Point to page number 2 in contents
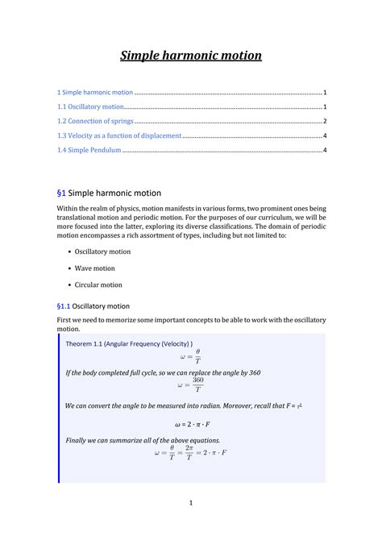tap(323, 121)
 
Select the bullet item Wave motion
tap(95, 268)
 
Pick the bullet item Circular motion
tap(98, 285)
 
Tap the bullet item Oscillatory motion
tap(102, 251)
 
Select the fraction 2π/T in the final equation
tap(189, 453)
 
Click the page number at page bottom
tap(191, 504)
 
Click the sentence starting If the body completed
tap(162, 373)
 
